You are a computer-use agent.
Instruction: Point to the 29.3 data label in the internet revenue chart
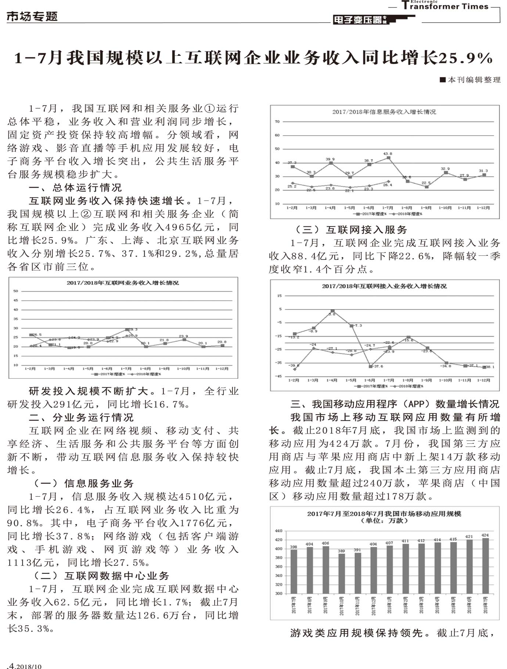click(x=132, y=329)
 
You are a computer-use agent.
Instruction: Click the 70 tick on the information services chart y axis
click(x=277, y=122)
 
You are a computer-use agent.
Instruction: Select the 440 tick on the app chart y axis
click(x=278, y=531)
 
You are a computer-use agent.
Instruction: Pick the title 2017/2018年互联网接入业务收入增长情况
click(x=384, y=286)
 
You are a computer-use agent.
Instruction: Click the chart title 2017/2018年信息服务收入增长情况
click(x=384, y=112)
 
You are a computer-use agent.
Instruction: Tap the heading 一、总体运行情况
click(x=75, y=187)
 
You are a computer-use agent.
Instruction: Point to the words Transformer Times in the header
click(x=445, y=6)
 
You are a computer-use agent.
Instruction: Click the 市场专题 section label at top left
click(x=32, y=16)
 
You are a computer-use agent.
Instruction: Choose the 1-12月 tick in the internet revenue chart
click(x=222, y=368)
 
